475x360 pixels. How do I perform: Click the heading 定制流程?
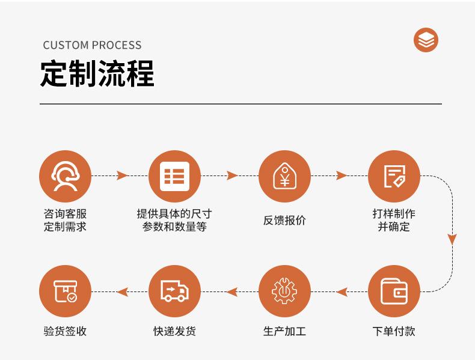[97, 73]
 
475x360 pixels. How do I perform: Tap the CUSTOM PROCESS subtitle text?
[92, 45]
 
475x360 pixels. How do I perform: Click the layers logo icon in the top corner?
[426, 40]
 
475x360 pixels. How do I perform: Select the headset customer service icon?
[65, 176]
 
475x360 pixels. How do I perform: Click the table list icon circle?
[174, 176]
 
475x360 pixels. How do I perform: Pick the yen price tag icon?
[284, 176]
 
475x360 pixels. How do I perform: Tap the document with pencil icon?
[394, 176]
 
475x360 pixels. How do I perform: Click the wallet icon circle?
[394, 291]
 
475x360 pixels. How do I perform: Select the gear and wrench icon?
[284, 291]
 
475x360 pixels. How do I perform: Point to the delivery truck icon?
[174, 291]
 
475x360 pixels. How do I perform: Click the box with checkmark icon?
[65, 291]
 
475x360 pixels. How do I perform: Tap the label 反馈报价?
[284, 220]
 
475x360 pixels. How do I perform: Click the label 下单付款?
[394, 331]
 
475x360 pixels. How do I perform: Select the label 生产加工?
[284, 331]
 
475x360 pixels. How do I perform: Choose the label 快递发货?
[174, 331]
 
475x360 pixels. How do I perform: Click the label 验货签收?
[65, 331]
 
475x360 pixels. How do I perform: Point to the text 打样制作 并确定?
[394, 220]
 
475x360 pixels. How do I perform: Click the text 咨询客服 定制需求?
[65, 220]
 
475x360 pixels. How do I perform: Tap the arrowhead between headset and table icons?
[122, 175]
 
